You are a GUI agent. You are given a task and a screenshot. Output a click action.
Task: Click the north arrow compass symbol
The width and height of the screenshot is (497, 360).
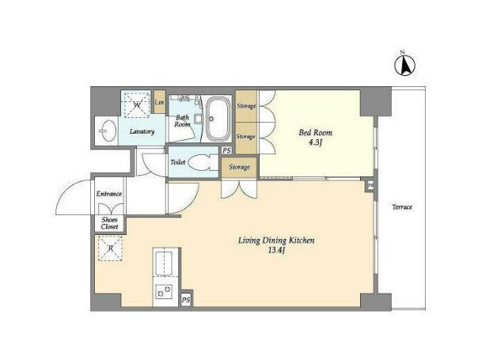pos(404,66)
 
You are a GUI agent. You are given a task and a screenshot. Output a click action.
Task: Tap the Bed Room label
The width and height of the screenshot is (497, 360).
pos(316,132)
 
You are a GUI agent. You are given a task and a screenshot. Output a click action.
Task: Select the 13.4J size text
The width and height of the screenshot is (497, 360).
pos(277,251)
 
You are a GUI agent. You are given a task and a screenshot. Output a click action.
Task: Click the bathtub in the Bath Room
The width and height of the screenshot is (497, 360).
pos(218,119)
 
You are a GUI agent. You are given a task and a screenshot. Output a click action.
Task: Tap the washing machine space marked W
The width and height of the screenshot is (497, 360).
pos(137,104)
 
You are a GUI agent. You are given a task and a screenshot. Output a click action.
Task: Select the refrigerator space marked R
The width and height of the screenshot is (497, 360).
pos(110,248)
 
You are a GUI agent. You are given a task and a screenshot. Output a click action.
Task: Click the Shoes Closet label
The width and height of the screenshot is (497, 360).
pos(109,223)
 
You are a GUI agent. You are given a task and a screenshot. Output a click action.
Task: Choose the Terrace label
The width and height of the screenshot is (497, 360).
pos(402,207)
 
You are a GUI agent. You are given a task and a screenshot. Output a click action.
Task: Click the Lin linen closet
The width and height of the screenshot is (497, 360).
pos(159,102)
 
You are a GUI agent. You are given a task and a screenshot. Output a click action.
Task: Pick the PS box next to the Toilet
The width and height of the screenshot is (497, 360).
pos(226,150)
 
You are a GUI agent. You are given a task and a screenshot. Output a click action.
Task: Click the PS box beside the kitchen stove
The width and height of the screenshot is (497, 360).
pos(186,299)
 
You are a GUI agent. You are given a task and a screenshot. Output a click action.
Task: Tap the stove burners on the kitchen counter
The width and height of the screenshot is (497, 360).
pos(164,291)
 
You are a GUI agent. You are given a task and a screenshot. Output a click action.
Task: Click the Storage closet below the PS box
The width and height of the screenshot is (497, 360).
pos(239,167)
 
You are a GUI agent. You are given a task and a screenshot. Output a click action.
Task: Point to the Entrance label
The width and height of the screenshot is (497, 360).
pos(109,194)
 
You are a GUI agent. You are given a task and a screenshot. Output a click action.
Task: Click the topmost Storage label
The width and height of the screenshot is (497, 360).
pos(246,106)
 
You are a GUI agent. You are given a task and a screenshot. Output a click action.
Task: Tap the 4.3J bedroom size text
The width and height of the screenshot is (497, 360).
pos(316,143)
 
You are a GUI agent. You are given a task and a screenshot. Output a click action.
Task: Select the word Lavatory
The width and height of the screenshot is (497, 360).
pos(142,131)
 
